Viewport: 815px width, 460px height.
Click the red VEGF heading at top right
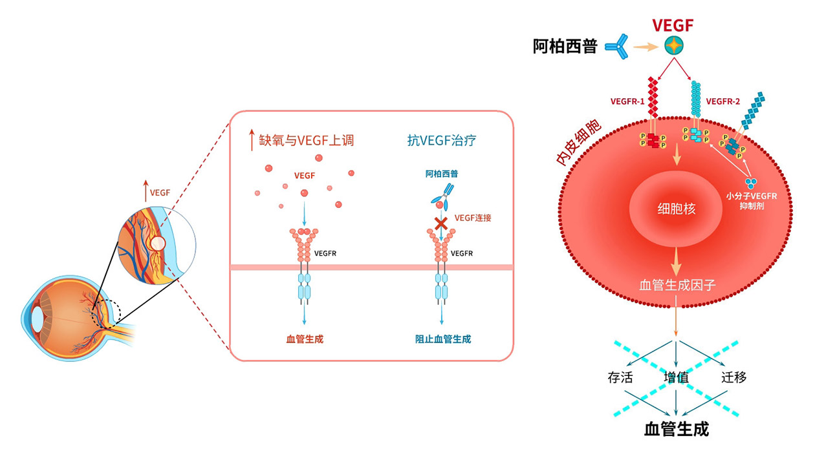tap(673, 26)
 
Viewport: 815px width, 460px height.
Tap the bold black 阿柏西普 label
tap(565, 47)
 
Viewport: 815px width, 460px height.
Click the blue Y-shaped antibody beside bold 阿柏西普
tap(617, 47)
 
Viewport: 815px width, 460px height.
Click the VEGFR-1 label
tap(627, 101)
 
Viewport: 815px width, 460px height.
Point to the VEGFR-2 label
tap(723, 101)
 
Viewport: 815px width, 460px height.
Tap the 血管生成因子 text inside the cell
tap(677, 284)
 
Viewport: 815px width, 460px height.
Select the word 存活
tap(620, 377)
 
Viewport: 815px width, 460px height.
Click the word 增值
tap(677, 377)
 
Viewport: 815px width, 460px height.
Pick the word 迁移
tap(733, 377)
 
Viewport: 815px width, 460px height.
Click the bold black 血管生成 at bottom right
tap(677, 429)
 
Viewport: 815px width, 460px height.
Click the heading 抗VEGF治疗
tap(442, 140)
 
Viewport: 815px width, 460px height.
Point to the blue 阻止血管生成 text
tap(442, 339)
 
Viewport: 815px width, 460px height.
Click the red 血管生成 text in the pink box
tap(304, 339)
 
